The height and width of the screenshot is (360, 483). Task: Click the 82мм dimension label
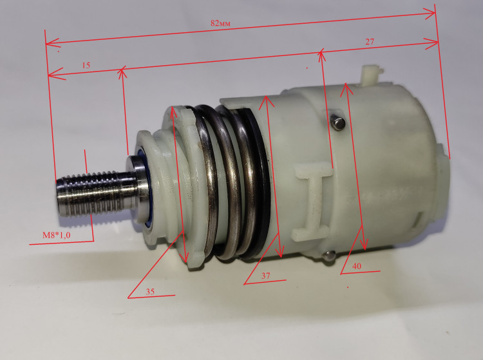(220, 23)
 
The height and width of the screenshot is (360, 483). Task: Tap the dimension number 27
(370, 42)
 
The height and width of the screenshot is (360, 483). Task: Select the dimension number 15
(86, 65)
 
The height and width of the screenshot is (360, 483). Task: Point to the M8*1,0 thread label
(57, 235)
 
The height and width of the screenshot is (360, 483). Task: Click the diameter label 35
(150, 291)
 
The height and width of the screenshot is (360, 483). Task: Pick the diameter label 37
(266, 275)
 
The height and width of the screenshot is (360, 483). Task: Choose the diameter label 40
(356, 266)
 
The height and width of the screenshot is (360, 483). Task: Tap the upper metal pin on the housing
(338, 123)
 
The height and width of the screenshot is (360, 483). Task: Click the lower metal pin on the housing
(329, 256)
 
